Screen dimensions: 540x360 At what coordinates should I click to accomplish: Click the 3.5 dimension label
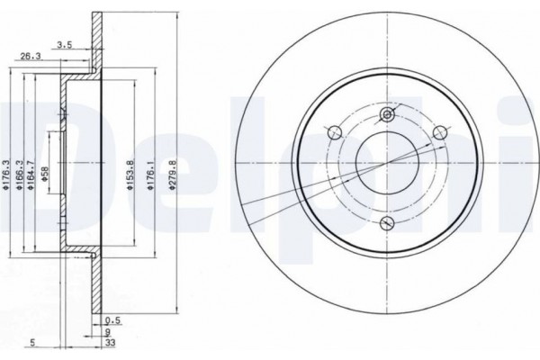point(65,44)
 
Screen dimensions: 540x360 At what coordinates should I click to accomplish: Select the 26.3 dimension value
point(31,57)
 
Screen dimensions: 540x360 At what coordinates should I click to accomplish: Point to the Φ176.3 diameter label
point(5,175)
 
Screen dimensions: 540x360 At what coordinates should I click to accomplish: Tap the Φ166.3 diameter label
point(19,175)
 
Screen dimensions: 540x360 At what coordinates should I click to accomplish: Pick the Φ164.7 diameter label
point(31,175)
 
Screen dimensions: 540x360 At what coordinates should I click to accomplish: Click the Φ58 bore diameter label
point(44,175)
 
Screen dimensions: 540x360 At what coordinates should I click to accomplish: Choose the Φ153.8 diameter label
point(130,175)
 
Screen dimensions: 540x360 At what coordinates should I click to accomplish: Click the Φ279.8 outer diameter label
point(173,175)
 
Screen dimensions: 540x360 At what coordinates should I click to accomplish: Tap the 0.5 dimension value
point(113,320)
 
